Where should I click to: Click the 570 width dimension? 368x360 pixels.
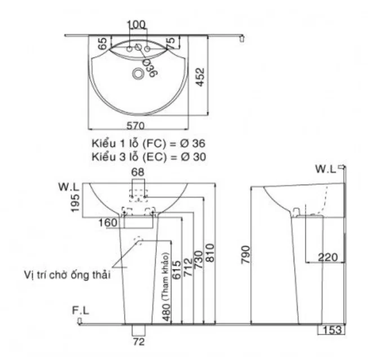coord(139,125)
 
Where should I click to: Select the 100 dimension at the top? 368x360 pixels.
coord(136,24)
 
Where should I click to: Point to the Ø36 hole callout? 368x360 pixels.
coord(149,67)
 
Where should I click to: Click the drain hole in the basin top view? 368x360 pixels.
coord(138,74)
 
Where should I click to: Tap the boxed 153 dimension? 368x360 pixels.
coord(332,330)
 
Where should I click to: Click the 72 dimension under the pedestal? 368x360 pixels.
coord(138,342)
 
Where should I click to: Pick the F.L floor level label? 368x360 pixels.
coord(81,310)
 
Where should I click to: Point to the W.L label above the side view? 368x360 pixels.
coord(326,168)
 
